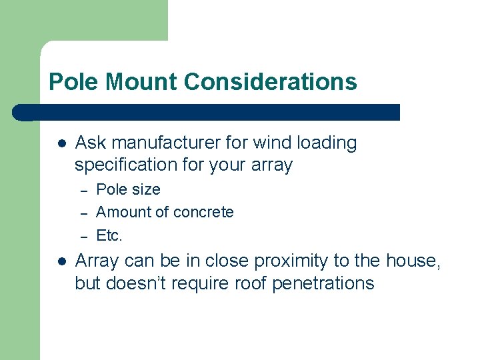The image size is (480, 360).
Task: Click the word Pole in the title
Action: click(71, 82)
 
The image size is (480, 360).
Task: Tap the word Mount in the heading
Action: click(139, 82)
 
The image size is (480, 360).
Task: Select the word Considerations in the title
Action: click(271, 82)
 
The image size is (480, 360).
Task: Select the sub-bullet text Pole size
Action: click(129, 189)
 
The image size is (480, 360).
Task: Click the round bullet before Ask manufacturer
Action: click(61, 143)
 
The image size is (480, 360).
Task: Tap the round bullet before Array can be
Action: click(61, 261)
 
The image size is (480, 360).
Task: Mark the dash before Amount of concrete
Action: click(84, 213)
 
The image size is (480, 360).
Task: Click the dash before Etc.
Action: click(84, 237)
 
